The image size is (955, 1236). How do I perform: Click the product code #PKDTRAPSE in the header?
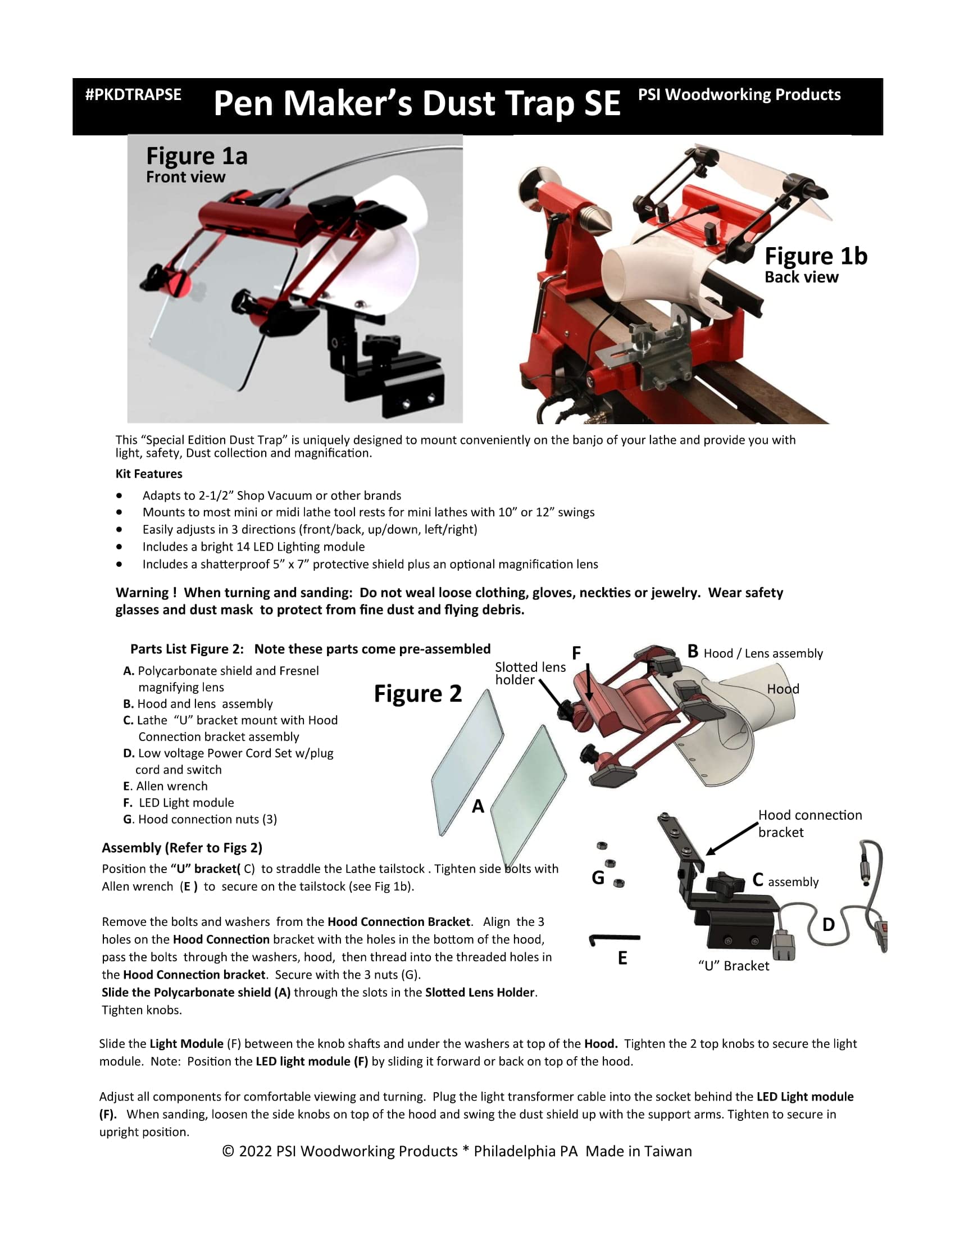point(133,94)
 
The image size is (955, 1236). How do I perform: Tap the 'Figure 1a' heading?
point(197,156)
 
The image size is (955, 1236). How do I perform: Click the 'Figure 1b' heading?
point(816,256)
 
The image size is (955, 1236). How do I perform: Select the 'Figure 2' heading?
point(417,693)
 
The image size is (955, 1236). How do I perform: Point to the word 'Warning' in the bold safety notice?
point(142,593)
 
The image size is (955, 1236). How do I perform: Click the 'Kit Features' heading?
point(149,474)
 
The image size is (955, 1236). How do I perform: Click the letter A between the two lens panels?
point(478,806)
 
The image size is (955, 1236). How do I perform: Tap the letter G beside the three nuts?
point(598,878)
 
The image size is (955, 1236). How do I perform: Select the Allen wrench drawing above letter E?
point(615,939)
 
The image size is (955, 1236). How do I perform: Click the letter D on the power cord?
point(828,924)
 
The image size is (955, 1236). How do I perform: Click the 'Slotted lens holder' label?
point(530,674)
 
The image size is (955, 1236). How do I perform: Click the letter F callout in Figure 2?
point(576,653)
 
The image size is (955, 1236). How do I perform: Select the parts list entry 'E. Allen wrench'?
point(165,786)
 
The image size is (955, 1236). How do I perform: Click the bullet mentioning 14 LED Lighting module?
point(253,547)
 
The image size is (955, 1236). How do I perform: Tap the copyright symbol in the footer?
point(229,1152)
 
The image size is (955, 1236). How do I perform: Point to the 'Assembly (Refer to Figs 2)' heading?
point(182,848)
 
